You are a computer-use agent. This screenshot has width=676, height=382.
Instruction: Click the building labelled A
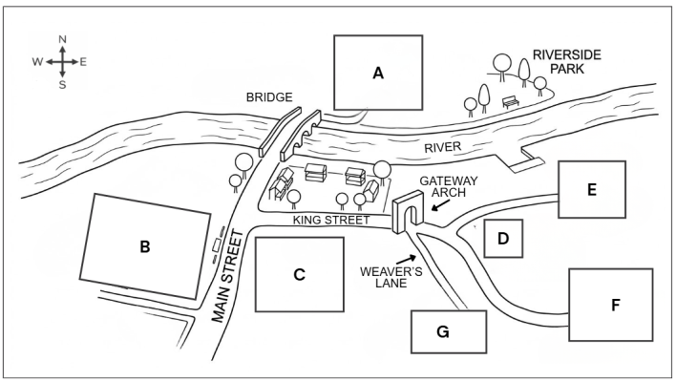378,73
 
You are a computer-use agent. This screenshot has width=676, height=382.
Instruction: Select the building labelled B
145,246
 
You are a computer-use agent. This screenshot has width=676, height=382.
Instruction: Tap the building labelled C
299,274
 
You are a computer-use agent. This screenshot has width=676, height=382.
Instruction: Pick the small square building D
503,239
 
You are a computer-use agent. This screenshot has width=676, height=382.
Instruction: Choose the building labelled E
592,189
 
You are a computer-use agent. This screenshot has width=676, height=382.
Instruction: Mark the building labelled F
610,305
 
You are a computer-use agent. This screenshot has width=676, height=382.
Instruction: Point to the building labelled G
449,331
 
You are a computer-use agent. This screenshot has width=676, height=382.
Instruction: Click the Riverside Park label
567,62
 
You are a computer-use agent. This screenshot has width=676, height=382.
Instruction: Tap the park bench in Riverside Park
511,102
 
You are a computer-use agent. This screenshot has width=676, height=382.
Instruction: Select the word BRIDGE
269,97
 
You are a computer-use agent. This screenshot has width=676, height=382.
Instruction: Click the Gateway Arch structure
408,211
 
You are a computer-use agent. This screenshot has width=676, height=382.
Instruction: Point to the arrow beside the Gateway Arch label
440,205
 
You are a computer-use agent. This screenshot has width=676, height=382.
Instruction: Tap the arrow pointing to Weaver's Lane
406,259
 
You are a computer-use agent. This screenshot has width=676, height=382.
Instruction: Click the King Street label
331,220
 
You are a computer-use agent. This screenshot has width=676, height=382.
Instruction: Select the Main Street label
227,277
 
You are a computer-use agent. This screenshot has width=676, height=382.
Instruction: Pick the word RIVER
443,147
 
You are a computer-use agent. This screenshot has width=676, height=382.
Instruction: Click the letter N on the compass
62,39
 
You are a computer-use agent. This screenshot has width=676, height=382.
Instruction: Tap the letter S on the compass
62,85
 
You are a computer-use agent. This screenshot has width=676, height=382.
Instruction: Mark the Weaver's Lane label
391,277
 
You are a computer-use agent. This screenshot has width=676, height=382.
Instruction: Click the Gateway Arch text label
449,186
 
